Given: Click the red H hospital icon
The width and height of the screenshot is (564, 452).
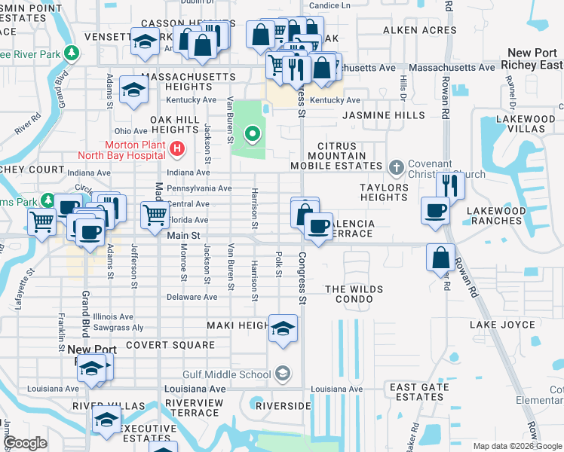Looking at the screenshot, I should point(177,149).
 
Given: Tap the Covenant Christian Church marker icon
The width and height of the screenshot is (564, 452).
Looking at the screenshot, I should point(397,166).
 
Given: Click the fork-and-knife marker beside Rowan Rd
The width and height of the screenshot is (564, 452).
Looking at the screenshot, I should point(450,185).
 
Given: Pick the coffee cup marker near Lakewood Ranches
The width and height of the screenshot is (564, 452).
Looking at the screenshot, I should point(436,210).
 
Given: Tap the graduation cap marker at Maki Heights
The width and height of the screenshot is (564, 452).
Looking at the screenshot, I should point(283,328).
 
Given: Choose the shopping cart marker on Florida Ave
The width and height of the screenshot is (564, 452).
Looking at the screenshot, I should point(155,214).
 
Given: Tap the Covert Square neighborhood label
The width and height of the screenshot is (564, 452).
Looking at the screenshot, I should point(170,345).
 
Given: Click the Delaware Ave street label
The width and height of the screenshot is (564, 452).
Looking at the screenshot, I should point(192,297).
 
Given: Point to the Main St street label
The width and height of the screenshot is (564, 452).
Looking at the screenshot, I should point(183,236).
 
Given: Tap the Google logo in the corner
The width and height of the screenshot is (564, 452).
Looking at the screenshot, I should point(26,442).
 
